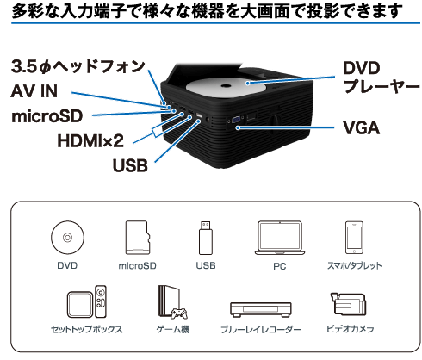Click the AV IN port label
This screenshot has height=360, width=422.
point(34,91)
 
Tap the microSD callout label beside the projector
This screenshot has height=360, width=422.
point(47,116)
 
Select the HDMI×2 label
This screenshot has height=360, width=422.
point(90,141)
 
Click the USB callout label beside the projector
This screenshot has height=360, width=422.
point(130,165)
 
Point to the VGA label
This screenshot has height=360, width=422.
point(361,127)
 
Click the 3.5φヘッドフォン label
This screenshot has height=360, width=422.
point(78,66)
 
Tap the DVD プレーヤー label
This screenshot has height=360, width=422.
point(382,77)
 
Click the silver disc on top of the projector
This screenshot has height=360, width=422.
point(227,86)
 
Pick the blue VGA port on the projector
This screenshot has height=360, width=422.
point(237,120)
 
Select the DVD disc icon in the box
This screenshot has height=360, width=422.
point(67,238)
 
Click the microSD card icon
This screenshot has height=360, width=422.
point(138,238)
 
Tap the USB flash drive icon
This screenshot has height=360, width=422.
point(206,238)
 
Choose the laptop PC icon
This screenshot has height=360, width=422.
point(280,238)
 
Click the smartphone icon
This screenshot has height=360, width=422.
point(354,238)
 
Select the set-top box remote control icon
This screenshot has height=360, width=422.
point(101,301)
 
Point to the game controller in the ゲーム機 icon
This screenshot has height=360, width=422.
point(180,313)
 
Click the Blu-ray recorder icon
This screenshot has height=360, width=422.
point(261,309)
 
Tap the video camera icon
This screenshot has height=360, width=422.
point(348,304)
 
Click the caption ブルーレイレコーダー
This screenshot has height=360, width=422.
point(261,329)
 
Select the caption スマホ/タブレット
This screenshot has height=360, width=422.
point(355,265)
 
